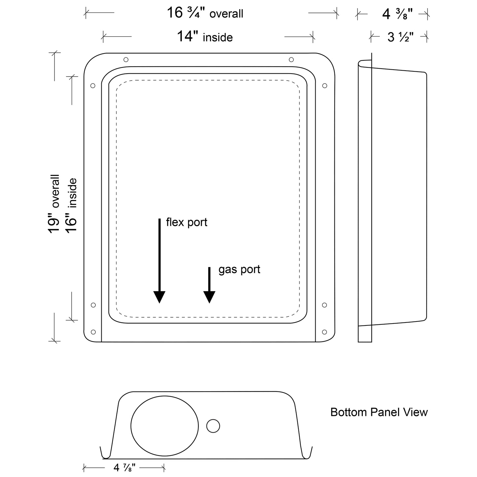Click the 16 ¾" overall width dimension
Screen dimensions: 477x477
point(205,13)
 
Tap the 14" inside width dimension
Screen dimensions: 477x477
point(205,37)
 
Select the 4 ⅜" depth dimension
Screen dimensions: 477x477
point(394,14)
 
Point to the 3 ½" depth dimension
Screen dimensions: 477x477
point(400,37)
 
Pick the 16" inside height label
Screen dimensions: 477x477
point(71,205)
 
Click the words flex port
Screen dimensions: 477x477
point(187,222)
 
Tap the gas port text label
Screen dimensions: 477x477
point(239,269)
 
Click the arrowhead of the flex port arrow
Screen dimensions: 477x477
point(159,297)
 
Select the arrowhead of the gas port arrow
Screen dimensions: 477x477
point(209,297)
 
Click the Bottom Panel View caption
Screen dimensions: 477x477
point(379,412)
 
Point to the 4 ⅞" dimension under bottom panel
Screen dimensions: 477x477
point(124,468)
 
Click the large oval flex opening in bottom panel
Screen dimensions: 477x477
point(164,426)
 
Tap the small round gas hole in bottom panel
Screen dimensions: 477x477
point(213,426)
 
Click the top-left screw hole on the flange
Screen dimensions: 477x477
point(126,60)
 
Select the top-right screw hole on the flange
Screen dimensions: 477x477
point(291,59)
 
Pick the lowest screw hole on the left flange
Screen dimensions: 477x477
point(93,332)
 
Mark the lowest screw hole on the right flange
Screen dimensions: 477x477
point(324,332)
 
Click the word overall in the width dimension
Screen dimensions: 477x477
point(226,14)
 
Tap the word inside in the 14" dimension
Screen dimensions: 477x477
point(218,38)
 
